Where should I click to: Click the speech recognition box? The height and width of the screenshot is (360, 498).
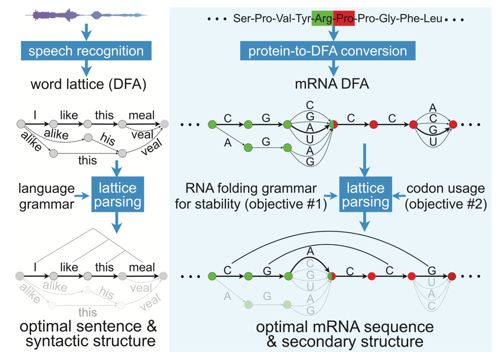click(86, 51)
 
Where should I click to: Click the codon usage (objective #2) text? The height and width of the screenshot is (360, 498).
click(446, 196)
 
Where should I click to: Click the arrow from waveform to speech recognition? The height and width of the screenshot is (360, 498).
click(86, 32)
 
